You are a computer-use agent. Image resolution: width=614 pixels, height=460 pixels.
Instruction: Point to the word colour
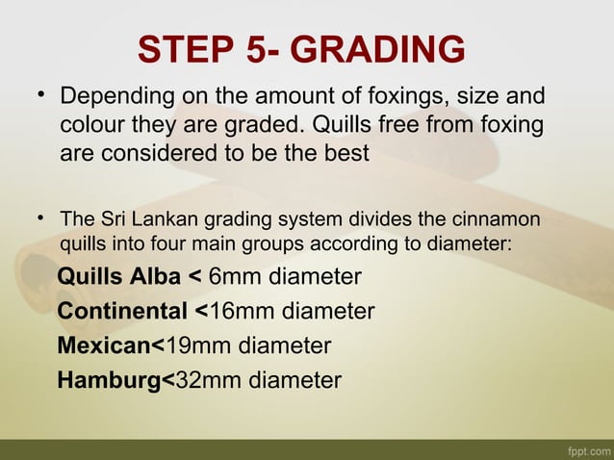(94, 126)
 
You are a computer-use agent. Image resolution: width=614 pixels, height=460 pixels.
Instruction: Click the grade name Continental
(123, 312)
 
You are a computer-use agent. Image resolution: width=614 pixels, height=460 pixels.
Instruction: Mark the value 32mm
(202, 379)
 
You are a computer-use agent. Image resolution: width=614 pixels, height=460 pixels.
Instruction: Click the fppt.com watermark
(588, 450)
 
